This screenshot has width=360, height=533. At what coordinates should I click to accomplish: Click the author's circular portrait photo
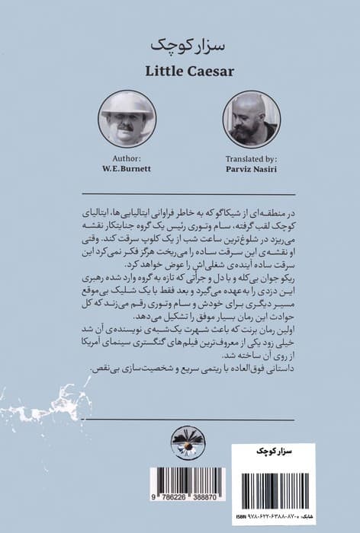click(126, 118)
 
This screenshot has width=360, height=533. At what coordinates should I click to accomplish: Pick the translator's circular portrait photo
click(251, 119)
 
